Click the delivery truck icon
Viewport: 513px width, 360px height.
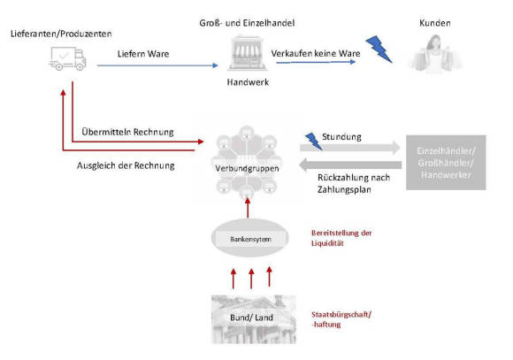pos(67,58)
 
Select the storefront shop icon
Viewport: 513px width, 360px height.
pos(247,53)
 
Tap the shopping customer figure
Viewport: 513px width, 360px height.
pos(435,54)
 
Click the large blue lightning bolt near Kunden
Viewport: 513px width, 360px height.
pos(379,50)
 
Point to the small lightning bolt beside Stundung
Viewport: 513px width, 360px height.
pos(313,141)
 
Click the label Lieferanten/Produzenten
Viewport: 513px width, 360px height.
pos(61,34)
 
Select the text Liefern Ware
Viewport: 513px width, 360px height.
pos(143,54)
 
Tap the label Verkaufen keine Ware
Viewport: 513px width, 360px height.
pos(316,53)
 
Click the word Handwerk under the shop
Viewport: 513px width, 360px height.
pos(248,82)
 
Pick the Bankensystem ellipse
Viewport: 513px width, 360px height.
pos(250,238)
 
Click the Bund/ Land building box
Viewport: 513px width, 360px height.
pos(254,319)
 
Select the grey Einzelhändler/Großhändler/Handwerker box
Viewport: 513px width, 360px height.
pos(446,163)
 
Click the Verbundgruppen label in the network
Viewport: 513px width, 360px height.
pos(247,169)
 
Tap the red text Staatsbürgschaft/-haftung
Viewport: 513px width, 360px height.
pos(341,319)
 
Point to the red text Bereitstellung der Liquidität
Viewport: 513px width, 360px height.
pos(341,238)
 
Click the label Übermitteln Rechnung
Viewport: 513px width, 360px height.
pos(127,132)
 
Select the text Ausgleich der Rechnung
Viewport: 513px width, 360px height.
pos(126,165)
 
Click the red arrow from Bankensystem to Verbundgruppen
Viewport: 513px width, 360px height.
pos(248,208)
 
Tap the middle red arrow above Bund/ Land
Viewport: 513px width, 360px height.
pos(251,279)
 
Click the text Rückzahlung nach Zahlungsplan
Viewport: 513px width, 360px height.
pos(354,184)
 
